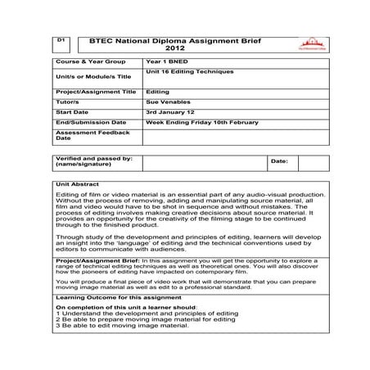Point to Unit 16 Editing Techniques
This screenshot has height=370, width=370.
point(189,71)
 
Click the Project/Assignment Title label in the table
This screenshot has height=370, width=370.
point(96,92)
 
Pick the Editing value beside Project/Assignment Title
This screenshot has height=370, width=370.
point(157,92)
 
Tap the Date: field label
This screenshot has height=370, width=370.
point(279,161)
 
